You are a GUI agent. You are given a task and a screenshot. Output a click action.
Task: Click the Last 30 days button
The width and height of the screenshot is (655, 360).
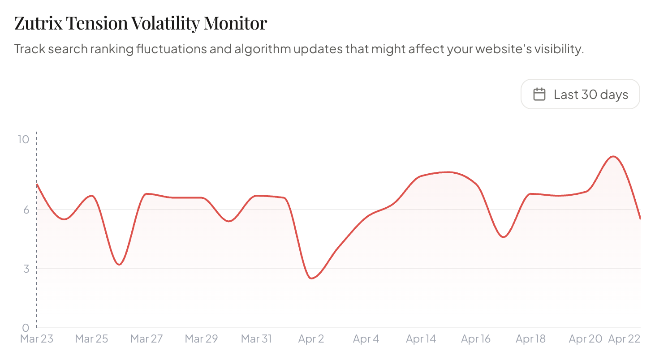point(580,94)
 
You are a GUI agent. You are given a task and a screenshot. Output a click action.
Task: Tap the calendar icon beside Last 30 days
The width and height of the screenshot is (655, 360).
point(539,94)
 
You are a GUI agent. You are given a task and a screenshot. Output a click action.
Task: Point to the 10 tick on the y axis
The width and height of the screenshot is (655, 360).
point(23,140)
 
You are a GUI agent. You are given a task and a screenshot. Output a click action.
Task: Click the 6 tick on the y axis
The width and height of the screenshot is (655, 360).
point(26,210)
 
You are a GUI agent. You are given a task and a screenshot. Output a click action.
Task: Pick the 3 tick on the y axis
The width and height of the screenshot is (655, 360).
point(26,269)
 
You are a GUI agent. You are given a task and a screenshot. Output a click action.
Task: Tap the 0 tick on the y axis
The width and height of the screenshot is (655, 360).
point(26,328)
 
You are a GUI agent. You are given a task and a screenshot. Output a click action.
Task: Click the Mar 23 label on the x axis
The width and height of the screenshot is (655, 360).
point(37,339)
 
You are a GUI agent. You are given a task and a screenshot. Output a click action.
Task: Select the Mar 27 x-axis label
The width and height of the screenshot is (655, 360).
point(147,339)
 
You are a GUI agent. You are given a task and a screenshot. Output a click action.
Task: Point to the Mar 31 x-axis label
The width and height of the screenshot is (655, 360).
point(256,339)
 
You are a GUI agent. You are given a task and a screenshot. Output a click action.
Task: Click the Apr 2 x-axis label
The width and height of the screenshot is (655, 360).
point(311,339)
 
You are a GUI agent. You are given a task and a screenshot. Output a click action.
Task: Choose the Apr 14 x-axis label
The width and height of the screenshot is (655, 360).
point(421,339)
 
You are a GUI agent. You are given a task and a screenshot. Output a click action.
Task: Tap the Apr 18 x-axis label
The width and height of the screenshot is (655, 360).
point(530,339)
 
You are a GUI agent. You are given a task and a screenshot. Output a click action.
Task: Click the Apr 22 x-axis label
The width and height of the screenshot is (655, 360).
point(624,339)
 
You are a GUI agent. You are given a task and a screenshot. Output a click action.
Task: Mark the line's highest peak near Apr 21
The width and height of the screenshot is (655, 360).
point(612,156)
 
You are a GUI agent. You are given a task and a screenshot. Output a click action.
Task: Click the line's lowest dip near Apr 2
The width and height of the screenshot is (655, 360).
point(312,279)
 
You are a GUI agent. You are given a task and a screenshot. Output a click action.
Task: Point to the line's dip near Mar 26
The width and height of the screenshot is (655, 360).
point(119,265)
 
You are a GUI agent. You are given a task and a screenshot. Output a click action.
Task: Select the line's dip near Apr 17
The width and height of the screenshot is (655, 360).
point(504,237)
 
